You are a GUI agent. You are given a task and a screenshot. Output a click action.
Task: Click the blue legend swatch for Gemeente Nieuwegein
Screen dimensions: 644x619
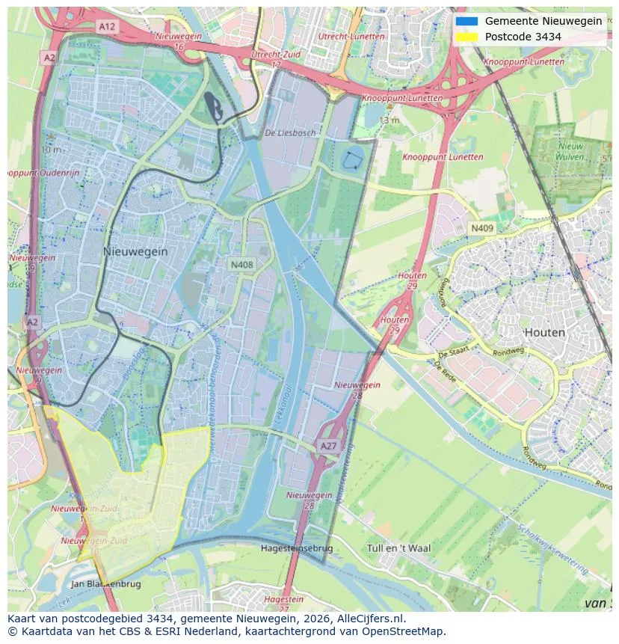click(466, 21)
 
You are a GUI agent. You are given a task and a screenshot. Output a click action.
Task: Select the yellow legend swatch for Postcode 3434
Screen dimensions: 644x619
click(466, 37)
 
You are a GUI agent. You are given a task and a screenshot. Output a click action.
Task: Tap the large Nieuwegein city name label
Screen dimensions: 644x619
click(135, 252)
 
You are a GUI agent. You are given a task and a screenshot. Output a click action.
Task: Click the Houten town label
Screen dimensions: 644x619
click(544, 332)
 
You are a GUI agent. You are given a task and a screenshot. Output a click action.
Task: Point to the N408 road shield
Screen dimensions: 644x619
click(241, 264)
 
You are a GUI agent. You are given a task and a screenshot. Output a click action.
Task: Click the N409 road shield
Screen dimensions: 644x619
click(481, 227)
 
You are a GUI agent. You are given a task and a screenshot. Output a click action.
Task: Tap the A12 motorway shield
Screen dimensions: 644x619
click(107, 26)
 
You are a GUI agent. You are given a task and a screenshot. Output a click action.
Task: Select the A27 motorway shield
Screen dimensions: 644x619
click(328, 446)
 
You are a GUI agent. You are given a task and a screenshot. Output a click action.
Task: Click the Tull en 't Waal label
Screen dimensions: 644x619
click(399, 548)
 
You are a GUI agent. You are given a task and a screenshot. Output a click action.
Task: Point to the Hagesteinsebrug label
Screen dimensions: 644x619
click(296, 548)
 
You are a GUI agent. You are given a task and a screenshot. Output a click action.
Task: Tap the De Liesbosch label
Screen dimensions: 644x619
click(290, 132)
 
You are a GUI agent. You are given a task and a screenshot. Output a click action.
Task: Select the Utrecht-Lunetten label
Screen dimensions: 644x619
click(351, 36)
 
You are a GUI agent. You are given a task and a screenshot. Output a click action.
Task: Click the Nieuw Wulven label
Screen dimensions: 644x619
click(570, 153)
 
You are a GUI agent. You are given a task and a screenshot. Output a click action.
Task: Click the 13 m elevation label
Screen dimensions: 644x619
click(388, 120)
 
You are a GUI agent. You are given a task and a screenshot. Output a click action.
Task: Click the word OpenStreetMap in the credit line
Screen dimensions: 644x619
click(404, 631)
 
